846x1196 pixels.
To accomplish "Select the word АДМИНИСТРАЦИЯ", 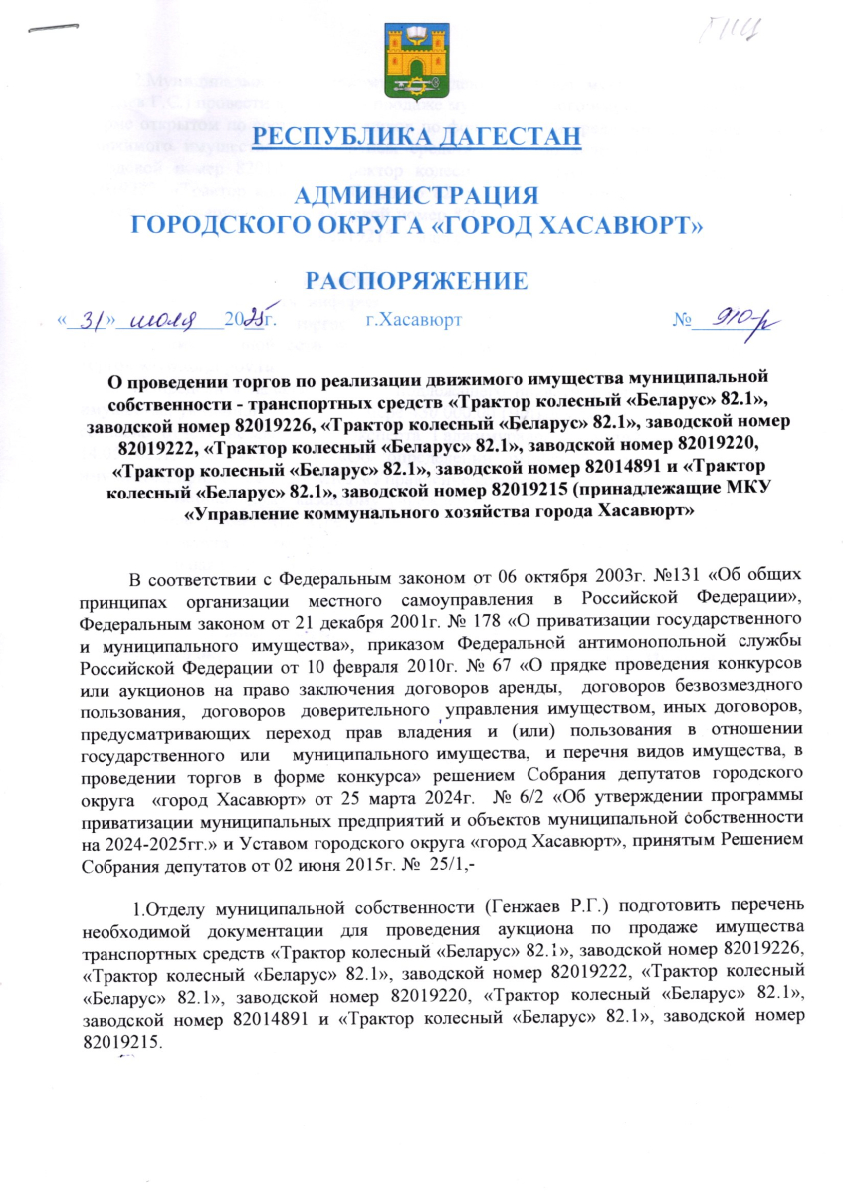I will tap(418, 195).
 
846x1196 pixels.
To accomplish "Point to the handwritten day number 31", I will tap(92, 320).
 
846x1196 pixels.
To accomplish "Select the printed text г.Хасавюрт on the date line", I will tap(413, 321).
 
